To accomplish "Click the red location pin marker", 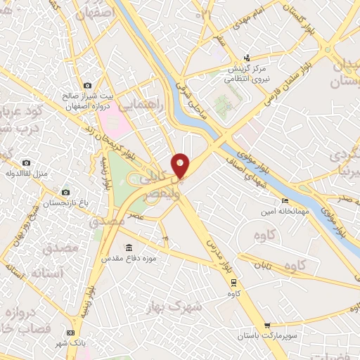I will coord(181,165).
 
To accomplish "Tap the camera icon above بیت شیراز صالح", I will coord(87,86).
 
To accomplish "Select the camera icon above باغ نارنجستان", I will coord(65,192).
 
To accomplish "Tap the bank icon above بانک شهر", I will coord(70,333).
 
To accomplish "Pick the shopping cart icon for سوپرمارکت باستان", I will coord(267,326).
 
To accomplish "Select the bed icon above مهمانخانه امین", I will coord(285,201).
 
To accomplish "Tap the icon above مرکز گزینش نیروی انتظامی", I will coord(246,58).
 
